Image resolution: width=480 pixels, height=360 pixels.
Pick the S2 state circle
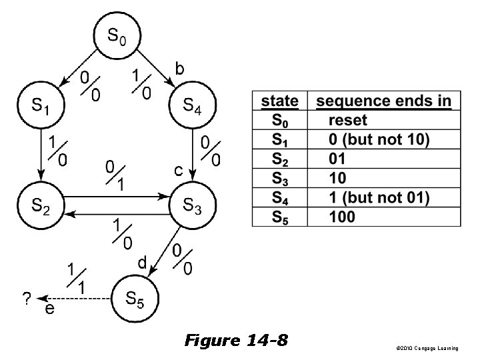tap(41, 207)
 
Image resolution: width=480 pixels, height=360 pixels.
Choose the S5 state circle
tap(135, 298)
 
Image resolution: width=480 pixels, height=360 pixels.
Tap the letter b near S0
tap(179, 67)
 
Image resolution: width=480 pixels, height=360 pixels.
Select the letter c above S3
tap(179, 171)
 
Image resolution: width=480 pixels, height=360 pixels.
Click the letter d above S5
tap(141, 263)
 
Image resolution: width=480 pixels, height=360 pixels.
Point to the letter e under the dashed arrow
tap(49, 310)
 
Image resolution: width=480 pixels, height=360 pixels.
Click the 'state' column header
tap(280, 101)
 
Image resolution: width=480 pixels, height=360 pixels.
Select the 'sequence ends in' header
tap(383, 101)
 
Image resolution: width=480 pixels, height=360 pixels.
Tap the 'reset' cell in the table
tap(347, 121)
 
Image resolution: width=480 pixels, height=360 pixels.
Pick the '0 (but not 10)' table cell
tap(379, 140)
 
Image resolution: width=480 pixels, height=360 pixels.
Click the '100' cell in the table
tap(342, 217)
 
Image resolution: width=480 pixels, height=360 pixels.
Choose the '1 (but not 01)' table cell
tap(379, 197)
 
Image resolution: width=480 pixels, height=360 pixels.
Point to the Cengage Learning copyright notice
tap(427, 349)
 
